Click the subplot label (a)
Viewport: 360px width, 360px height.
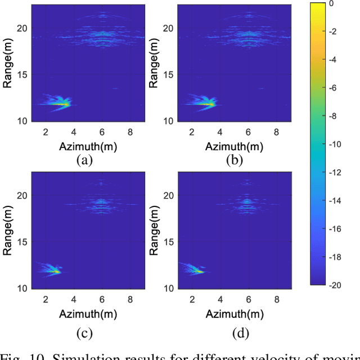pos(85,160)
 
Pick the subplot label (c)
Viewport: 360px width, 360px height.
pos(85,333)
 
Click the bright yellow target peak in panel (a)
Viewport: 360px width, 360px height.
pos(66,104)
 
